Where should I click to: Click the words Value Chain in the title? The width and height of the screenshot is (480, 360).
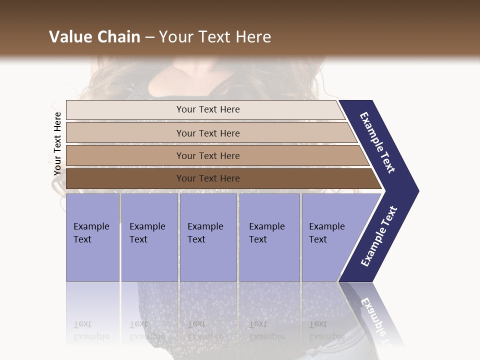(94, 37)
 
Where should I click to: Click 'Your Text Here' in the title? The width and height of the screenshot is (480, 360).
(215, 37)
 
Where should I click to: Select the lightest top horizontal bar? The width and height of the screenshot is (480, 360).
(125, 110)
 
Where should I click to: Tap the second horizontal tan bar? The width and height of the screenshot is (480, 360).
(125, 133)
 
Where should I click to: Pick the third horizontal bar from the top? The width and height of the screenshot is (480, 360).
(125, 156)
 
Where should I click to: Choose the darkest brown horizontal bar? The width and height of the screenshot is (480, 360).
(125, 178)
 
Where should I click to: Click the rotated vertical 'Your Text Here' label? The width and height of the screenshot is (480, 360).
(57, 144)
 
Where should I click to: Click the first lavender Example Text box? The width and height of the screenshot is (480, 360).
(92, 237)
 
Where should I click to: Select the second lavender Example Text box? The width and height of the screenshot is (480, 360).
(149, 237)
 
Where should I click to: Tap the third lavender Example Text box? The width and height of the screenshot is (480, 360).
(208, 237)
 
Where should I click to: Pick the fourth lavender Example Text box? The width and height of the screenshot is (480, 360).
(269, 237)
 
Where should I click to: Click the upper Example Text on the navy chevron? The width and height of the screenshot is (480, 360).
(377, 142)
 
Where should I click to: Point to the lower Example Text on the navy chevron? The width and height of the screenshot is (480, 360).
(379, 236)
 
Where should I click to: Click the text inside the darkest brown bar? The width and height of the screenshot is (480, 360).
(208, 178)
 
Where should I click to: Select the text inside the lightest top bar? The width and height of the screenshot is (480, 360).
(208, 109)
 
